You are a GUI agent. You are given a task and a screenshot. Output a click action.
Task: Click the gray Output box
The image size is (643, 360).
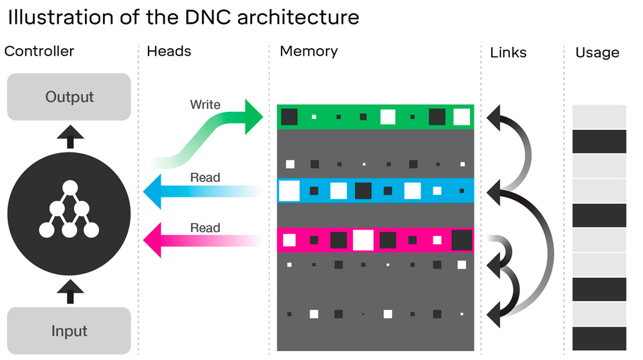click(69, 97)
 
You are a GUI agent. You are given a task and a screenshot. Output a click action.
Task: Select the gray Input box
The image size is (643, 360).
click(69, 330)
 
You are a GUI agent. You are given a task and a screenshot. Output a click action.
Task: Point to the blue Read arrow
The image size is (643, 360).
click(199, 191)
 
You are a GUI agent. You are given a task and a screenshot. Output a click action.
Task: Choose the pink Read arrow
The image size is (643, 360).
click(199, 240)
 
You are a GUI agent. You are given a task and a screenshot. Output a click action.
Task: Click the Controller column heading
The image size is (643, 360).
click(39, 51)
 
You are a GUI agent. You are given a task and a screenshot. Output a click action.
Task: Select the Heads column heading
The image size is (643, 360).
click(168, 51)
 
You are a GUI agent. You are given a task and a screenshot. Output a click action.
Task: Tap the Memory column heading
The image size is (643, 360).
click(309, 51)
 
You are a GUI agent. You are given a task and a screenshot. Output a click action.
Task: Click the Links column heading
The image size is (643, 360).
click(508, 53)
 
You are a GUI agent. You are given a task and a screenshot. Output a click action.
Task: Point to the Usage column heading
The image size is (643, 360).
click(597, 53)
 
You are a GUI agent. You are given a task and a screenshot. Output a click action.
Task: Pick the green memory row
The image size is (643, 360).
click(376, 117)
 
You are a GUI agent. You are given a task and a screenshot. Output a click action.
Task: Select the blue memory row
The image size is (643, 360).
click(376, 190)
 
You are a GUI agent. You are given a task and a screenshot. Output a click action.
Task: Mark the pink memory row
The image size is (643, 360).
click(376, 240)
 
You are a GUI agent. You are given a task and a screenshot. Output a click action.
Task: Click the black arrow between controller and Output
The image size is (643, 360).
click(70, 136)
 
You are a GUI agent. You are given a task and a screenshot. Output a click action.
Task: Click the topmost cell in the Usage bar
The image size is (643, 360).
click(599, 116)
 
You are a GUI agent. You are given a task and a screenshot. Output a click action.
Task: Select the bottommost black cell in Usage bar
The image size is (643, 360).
click(599, 339)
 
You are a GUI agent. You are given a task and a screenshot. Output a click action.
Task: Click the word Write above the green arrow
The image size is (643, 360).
click(205, 104)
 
